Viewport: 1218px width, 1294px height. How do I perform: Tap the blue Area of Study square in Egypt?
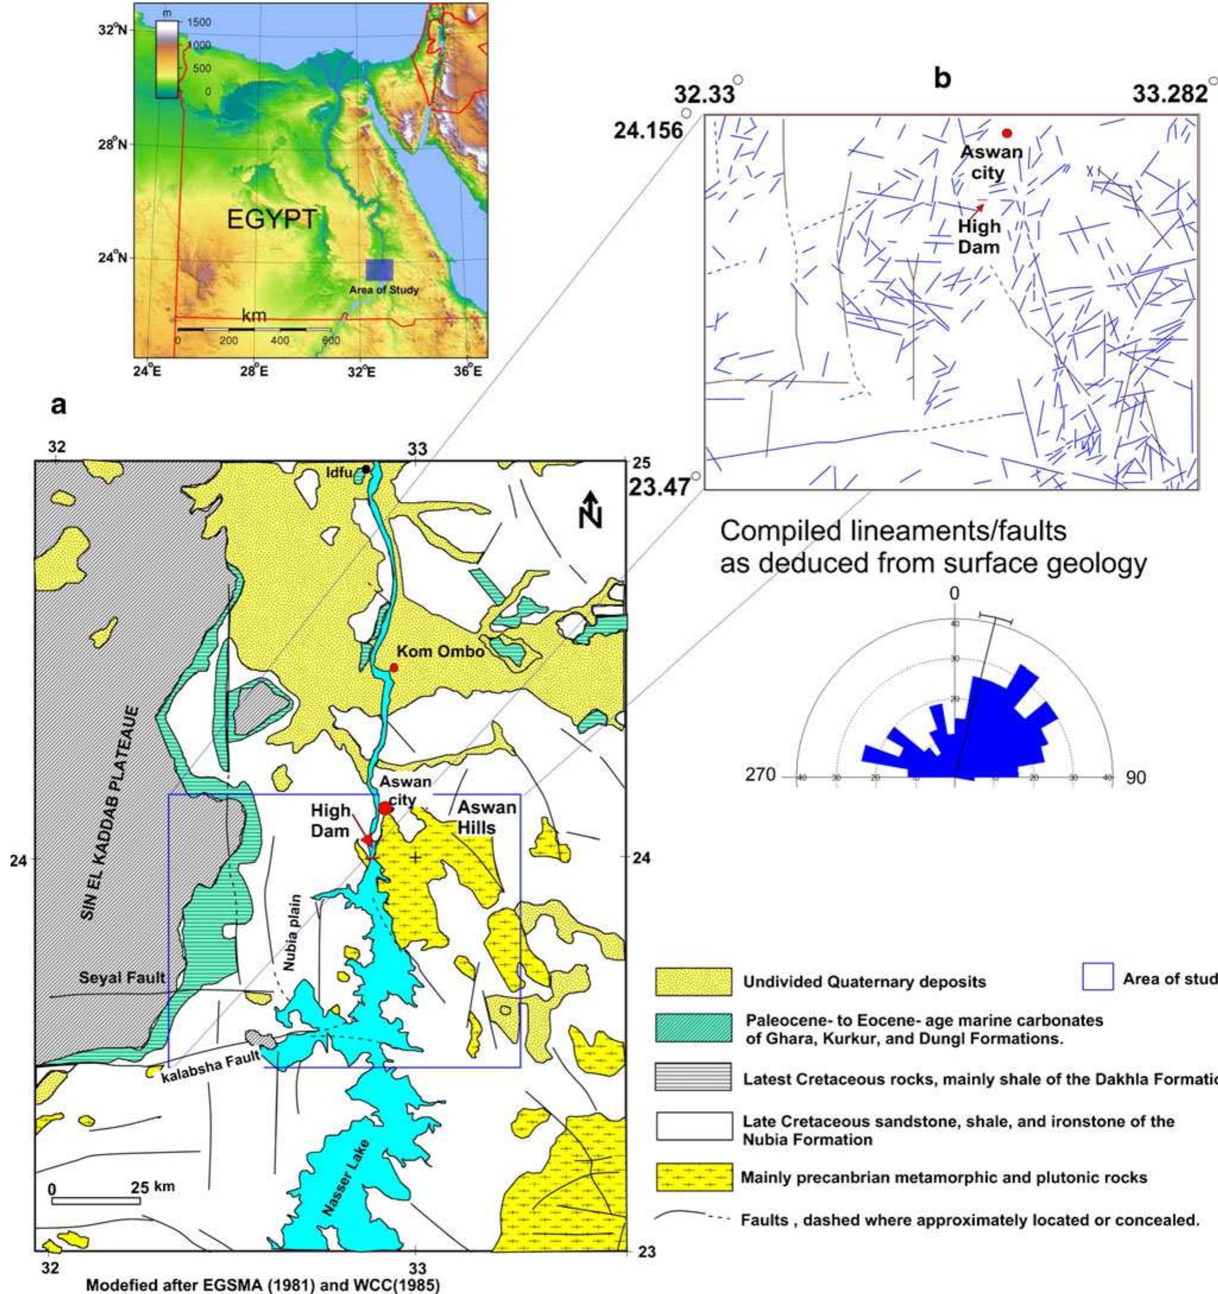coord(379,270)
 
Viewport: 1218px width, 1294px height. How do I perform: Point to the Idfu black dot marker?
coord(366,469)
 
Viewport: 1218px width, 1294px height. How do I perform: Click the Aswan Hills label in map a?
coord(487,818)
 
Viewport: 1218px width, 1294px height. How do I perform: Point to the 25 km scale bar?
coord(96,1238)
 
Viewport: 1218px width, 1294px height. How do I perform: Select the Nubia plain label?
coord(291,933)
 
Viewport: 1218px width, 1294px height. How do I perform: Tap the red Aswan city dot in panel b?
coord(1007,134)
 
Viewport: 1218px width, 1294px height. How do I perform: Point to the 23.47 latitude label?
coord(659,486)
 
